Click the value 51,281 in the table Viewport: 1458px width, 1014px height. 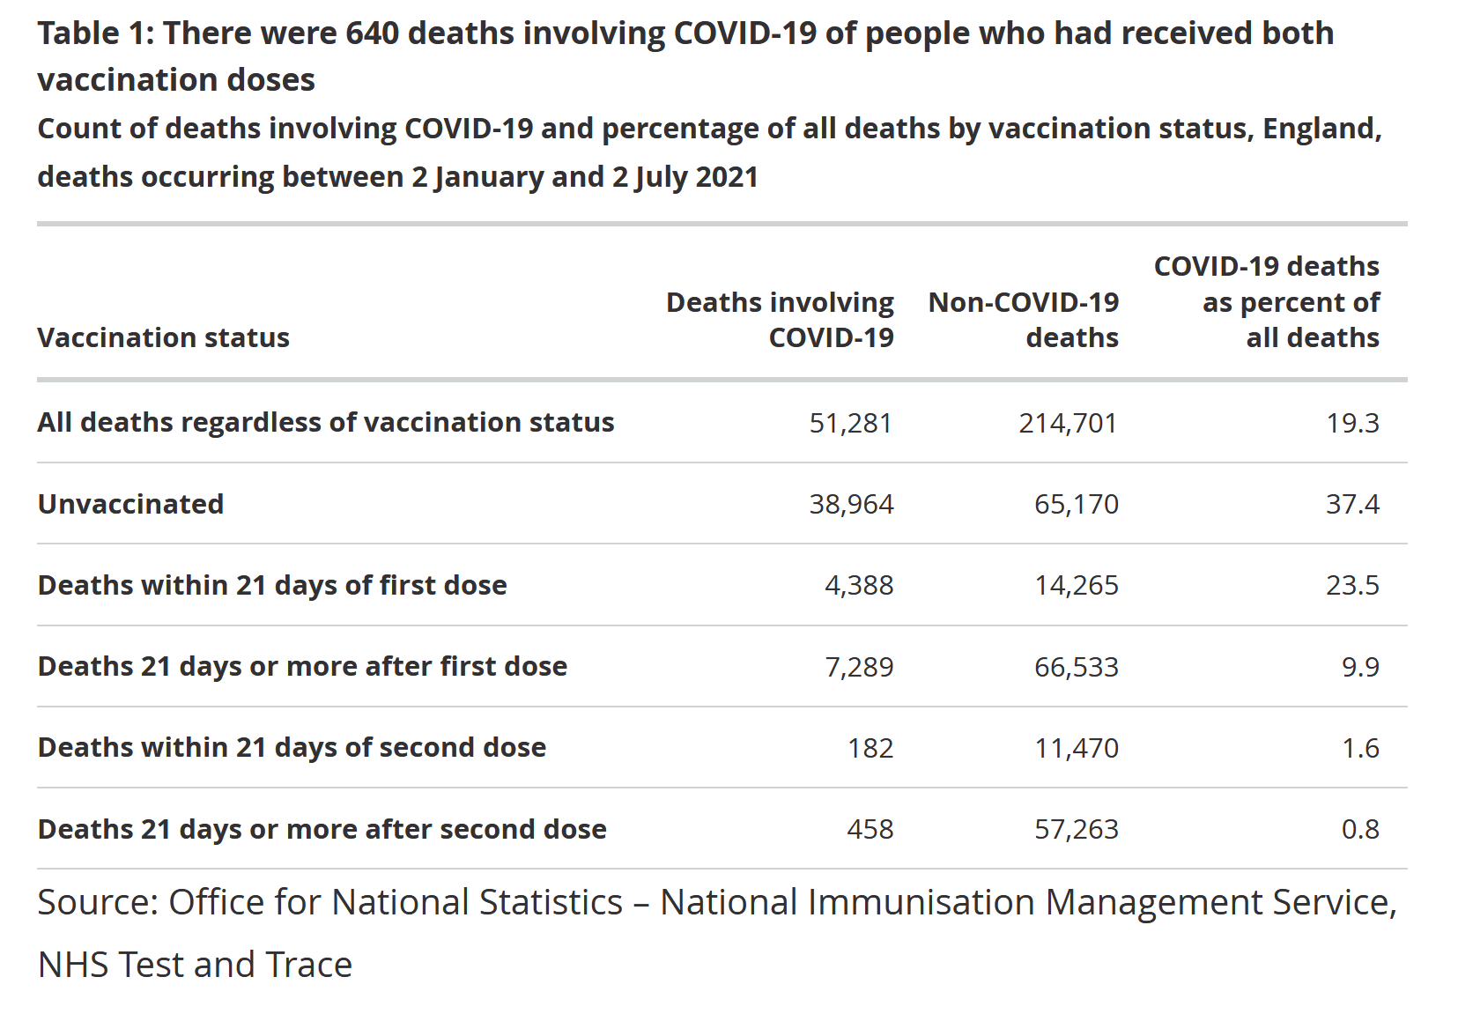pos(850,424)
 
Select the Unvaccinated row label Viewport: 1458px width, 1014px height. pos(130,504)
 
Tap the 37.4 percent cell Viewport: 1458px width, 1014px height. pos(1352,505)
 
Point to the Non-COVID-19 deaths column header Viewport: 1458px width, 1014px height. pos(1024,320)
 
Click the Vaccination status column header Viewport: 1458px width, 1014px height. pos(163,337)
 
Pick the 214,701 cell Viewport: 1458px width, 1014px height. pos(1068,424)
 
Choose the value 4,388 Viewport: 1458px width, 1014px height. pos(859,586)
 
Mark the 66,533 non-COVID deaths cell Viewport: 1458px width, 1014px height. pos(1076,667)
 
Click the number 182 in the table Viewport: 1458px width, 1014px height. pos(870,748)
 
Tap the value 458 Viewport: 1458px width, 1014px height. pos(870,829)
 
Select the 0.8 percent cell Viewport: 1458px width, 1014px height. pos(1360,829)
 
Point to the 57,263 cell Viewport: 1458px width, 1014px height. pos(1076,829)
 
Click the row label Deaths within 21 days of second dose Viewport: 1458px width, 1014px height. pos(292,747)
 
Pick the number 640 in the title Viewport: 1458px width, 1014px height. pos(372,33)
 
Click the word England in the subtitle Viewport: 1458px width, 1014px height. pos(1321,129)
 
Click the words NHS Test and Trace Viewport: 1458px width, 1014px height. pos(195,965)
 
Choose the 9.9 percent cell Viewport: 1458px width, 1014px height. pos(1360,667)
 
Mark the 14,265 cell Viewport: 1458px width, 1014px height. pos(1076,586)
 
